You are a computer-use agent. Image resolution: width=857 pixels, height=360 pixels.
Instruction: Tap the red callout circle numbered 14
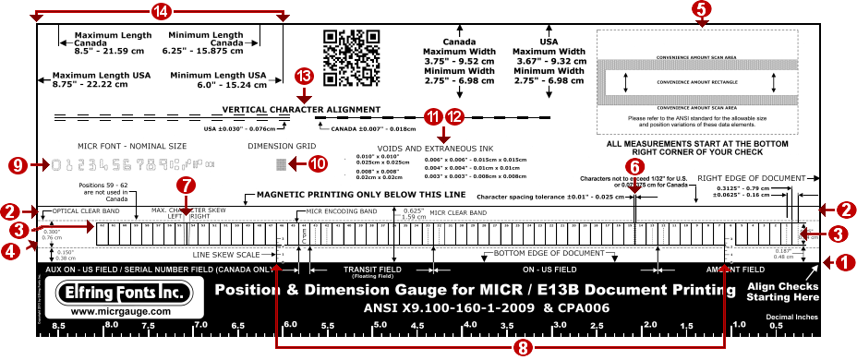pyautogui.click(x=162, y=11)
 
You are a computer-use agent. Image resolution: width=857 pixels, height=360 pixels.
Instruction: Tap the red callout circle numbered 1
pyautogui.click(x=844, y=261)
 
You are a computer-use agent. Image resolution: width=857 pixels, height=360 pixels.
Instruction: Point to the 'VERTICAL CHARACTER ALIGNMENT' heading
pyautogui.click(x=302, y=109)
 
